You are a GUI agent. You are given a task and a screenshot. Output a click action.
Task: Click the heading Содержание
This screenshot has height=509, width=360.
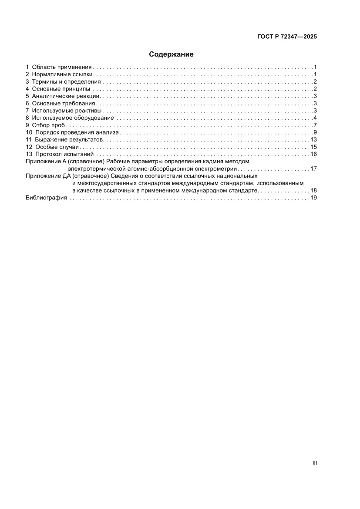point(171,54)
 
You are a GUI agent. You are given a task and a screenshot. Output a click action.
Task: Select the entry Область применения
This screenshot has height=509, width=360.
point(61,67)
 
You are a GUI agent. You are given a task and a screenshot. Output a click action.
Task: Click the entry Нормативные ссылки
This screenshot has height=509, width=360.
point(63,74)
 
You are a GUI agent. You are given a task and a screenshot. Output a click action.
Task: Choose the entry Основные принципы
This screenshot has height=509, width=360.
point(61,89)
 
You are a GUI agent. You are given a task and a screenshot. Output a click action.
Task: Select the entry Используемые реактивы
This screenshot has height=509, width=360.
point(67,111)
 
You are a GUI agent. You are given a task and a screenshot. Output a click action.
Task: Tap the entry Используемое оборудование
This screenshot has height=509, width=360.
point(73,118)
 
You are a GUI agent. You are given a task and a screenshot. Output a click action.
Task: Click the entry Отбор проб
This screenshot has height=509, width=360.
point(48,125)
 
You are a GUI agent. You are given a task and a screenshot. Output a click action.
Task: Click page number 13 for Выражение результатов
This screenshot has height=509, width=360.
point(313,140)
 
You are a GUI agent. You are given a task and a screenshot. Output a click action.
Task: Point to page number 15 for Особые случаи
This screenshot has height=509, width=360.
point(313,147)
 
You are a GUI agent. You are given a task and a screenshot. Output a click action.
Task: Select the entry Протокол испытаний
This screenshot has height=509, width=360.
point(64,155)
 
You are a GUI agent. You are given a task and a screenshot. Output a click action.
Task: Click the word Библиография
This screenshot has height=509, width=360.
point(46,198)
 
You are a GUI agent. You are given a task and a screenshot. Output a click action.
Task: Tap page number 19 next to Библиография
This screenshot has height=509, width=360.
point(313,198)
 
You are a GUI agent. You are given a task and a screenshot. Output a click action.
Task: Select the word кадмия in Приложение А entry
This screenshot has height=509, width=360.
point(212,162)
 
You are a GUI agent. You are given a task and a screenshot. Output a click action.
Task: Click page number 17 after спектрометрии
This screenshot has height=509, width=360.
point(313,169)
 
